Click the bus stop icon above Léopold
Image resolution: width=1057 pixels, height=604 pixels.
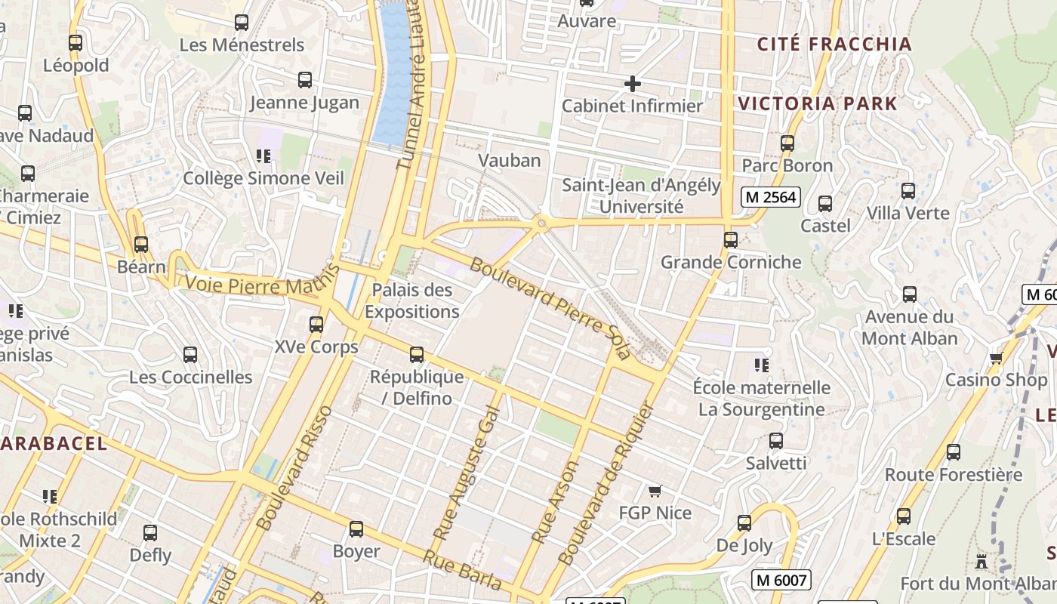coord(75,43)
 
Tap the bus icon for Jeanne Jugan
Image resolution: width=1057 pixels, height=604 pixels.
coord(305,80)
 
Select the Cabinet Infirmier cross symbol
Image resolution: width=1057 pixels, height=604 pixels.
coord(633,84)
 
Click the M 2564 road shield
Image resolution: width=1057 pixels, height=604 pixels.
coord(769,197)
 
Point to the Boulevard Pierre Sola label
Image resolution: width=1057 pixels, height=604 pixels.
coord(550,309)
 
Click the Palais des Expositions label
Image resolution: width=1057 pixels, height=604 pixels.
coord(411,300)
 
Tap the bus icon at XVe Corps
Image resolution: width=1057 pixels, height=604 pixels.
coord(316,325)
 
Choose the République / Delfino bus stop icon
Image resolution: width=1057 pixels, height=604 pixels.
coord(417,355)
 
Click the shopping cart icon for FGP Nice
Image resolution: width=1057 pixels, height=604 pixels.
coord(655,492)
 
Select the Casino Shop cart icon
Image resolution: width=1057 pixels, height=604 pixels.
coord(996,358)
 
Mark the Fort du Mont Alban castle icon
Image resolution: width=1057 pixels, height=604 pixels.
coord(981,562)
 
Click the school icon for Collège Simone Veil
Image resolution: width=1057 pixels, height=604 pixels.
coord(263,156)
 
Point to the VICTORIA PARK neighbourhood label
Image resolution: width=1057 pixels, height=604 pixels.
coord(818,104)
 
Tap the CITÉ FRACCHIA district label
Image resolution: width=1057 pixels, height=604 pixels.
coord(834,45)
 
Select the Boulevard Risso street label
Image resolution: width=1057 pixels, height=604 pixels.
coord(294,468)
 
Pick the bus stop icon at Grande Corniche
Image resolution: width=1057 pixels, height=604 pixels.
coord(731,240)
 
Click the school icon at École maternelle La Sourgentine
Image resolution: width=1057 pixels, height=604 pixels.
coord(762,365)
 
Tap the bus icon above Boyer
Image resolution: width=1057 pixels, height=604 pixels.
coord(356,529)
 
